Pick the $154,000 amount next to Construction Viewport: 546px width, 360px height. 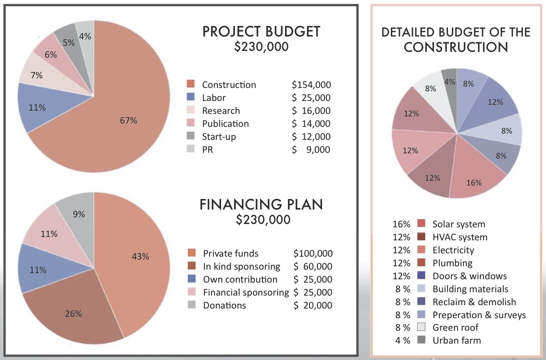click(311, 85)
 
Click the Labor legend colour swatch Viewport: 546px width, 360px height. click(190, 98)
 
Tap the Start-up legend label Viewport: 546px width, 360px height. click(219, 137)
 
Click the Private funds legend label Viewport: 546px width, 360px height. click(231, 253)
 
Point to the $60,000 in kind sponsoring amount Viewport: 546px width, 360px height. click(313, 266)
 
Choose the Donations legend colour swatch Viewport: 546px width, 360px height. click(191, 305)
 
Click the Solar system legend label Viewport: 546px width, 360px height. click(459, 224)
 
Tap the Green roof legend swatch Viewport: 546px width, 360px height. click(422, 328)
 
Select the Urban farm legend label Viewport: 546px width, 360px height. click(456, 341)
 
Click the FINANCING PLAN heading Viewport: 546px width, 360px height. click(261, 204)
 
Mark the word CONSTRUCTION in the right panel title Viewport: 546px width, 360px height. click(456, 47)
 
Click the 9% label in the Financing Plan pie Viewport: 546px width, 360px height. click(79, 214)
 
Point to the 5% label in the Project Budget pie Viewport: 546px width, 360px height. click(69, 42)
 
